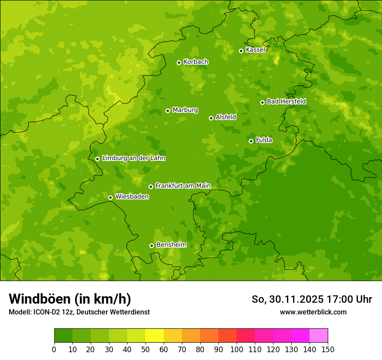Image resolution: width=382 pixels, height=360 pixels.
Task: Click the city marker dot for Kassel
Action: point(241,51)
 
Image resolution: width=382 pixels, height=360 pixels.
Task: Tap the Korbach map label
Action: point(196,62)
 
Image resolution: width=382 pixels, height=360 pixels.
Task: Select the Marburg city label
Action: point(185,110)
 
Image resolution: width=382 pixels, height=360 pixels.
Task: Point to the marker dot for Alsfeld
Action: point(211,118)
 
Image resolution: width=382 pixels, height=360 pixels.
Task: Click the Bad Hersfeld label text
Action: point(286,101)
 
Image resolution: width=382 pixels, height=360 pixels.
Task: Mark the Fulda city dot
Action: point(251,141)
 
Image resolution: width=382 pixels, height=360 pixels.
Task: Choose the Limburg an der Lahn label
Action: point(133,158)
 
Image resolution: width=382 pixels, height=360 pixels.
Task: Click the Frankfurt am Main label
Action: point(183,186)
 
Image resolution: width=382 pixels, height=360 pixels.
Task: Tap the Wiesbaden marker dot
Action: point(110,197)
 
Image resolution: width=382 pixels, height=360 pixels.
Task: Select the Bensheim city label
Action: point(171,245)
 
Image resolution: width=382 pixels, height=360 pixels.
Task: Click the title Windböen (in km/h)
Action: point(70,299)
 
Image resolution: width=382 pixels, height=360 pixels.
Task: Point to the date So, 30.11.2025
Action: point(287,299)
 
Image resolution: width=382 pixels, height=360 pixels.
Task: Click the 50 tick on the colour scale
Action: point(145,349)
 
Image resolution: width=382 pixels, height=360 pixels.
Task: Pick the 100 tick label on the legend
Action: point(237,349)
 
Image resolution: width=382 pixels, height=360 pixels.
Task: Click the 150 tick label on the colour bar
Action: point(328,349)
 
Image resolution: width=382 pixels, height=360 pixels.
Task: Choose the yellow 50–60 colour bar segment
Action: point(155,336)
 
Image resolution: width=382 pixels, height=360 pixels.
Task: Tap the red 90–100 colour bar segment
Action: point(227,336)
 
